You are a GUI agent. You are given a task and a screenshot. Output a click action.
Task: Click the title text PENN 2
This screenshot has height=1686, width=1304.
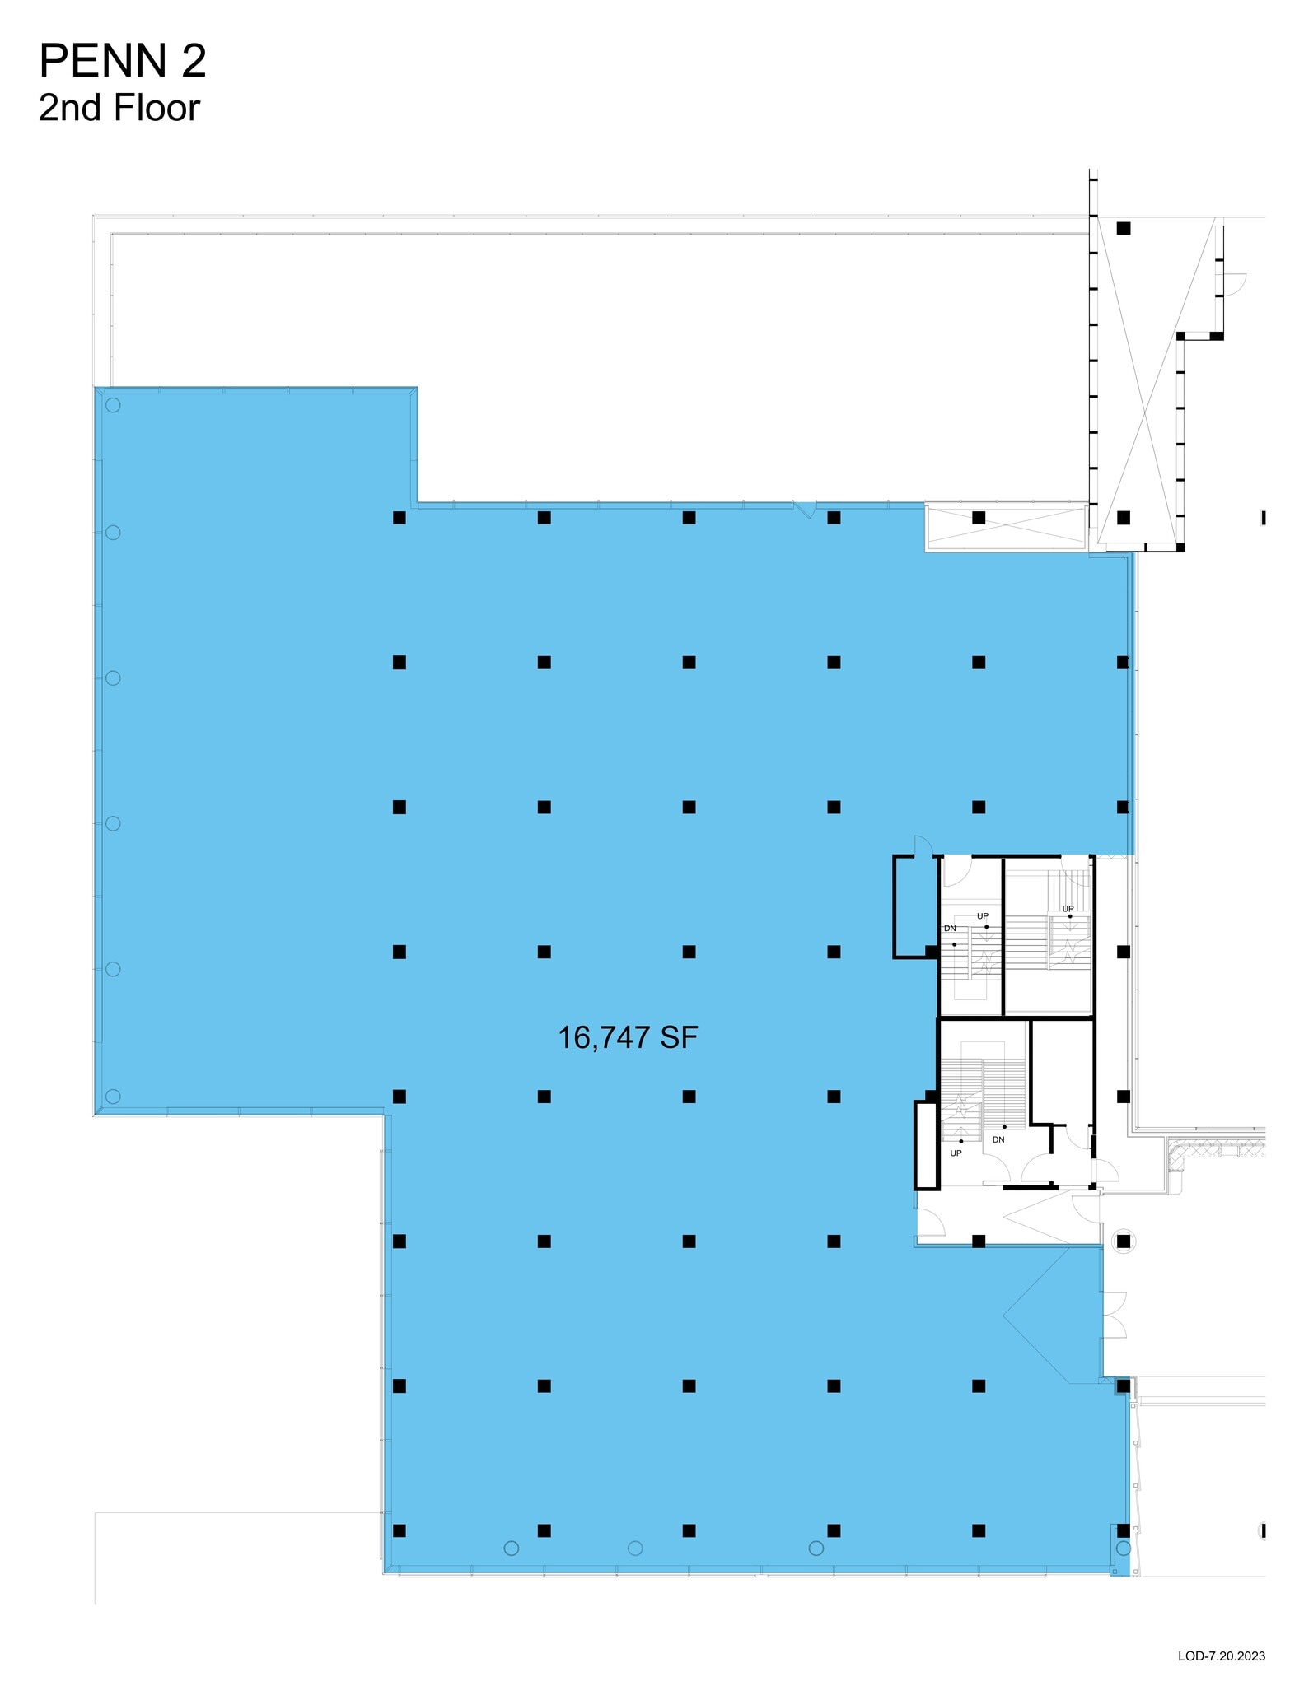coord(123,62)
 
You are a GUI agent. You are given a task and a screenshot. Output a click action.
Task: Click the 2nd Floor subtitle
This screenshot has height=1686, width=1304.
coord(119,108)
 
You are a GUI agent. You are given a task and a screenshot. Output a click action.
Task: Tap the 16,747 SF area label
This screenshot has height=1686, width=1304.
coord(628,1037)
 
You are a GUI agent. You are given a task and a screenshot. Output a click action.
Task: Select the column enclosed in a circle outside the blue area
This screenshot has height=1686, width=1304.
coord(1124,1241)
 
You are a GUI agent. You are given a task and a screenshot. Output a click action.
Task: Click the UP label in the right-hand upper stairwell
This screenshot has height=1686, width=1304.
coord(1068,909)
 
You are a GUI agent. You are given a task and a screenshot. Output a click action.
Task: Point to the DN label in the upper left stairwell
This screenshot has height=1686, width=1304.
coord(950,928)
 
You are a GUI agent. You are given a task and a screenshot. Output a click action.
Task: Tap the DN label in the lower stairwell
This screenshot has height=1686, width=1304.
coord(998,1139)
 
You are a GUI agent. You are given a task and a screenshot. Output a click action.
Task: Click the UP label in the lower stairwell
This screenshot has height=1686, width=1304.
coord(956,1153)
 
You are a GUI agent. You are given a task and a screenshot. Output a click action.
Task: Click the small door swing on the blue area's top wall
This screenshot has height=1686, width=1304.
coord(806,510)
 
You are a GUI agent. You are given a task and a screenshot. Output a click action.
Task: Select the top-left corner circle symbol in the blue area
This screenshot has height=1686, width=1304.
coord(113,405)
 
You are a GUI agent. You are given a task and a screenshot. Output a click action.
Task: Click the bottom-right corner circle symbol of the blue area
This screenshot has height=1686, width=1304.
coord(1124,1548)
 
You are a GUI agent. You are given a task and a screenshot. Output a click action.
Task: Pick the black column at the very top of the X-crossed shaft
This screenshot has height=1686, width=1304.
coord(1124,228)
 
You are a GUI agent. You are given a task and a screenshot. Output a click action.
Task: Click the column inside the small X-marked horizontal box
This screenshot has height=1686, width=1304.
coord(979,518)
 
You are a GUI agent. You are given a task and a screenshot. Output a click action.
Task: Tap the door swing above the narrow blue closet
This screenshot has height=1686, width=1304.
coord(923,846)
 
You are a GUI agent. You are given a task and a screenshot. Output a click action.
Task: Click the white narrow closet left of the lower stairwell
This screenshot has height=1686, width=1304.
coord(927,1145)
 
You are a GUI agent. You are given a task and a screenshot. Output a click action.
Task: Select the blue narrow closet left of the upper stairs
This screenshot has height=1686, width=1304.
coord(914,906)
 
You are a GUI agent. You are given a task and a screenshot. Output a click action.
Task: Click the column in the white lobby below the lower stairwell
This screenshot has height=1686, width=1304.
coord(979,1241)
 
